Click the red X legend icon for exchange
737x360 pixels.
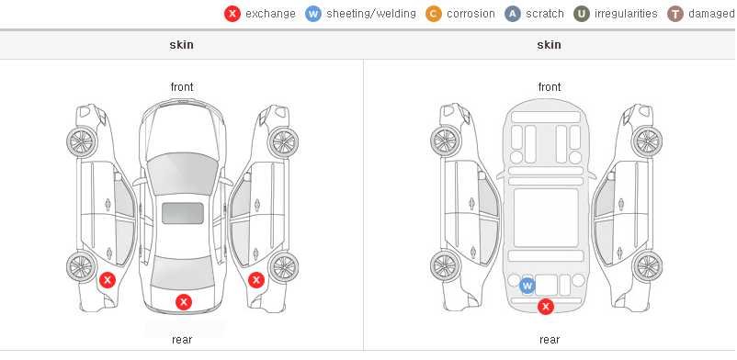click(232, 14)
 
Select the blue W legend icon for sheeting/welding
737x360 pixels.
click(313, 14)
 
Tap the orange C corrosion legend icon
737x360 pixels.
click(434, 14)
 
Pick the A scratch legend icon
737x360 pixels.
click(513, 14)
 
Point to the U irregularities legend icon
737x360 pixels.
click(582, 14)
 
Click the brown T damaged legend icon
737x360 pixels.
click(675, 14)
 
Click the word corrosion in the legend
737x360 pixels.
click(471, 14)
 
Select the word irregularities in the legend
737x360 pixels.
click(626, 14)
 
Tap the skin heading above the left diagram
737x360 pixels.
click(181, 45)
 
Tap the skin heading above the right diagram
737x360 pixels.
click(549, 45)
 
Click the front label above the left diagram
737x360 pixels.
click(182, 87)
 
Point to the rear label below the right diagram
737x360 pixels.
click(550, 340)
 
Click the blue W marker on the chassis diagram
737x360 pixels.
click(527, 286)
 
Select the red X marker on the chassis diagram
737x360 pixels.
click(546, 307)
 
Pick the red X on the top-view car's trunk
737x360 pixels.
click(184, 302)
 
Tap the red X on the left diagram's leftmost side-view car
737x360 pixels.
click(108, 281)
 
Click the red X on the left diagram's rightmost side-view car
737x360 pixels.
click(256, 281)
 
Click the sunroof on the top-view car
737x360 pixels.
click(183, 213)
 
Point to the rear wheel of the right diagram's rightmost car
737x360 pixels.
click(648, 266)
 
